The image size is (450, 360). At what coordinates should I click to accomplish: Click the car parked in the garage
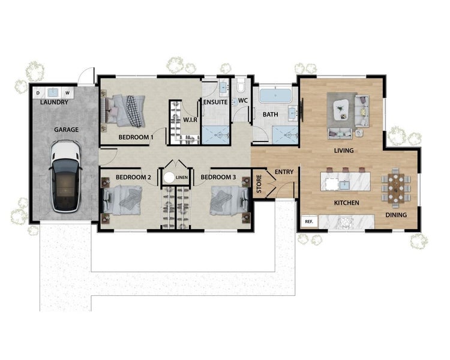point(65,176)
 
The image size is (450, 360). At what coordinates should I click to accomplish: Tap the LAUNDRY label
point(54,102)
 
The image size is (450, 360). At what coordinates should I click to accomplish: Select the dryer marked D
point(38,93)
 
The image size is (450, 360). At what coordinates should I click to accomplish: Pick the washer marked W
point(68,93)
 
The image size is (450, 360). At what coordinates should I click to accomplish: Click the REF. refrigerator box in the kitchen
point(309,221)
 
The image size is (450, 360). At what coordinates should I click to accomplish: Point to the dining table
point(396,188)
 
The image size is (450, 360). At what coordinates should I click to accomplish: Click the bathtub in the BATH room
point(275,95)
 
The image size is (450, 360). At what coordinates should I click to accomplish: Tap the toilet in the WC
point(241,86)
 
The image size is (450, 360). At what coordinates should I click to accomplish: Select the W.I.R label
point(190,120)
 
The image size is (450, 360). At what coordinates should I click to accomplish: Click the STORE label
point(259,184)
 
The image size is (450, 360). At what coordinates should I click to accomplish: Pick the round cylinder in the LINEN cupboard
point(169,178)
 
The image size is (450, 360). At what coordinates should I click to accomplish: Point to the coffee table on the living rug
point(341,109)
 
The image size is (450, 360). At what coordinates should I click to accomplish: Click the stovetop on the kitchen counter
point(346,223)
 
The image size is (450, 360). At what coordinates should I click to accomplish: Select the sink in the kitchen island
point(344,185)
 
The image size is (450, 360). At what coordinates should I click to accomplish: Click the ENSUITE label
point(215,102)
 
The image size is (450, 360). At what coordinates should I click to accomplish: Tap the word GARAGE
point(66,130)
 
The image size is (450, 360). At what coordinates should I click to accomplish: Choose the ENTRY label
point(284,172)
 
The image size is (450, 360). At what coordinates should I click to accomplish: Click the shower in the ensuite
point(216,134)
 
